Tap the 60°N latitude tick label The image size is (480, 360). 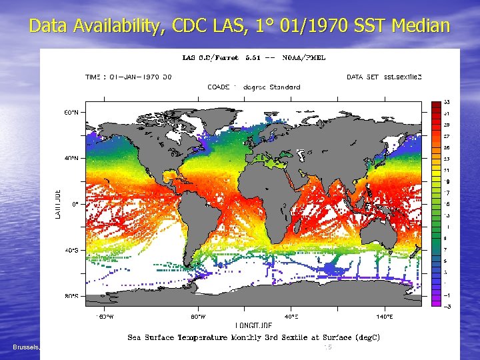71,113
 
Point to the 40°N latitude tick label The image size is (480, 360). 71,159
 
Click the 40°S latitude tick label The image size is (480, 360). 71,250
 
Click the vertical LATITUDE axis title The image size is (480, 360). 58,204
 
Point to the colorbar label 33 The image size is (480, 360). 447,102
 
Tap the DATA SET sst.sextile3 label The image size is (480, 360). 384,77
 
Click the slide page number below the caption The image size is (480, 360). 327,347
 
